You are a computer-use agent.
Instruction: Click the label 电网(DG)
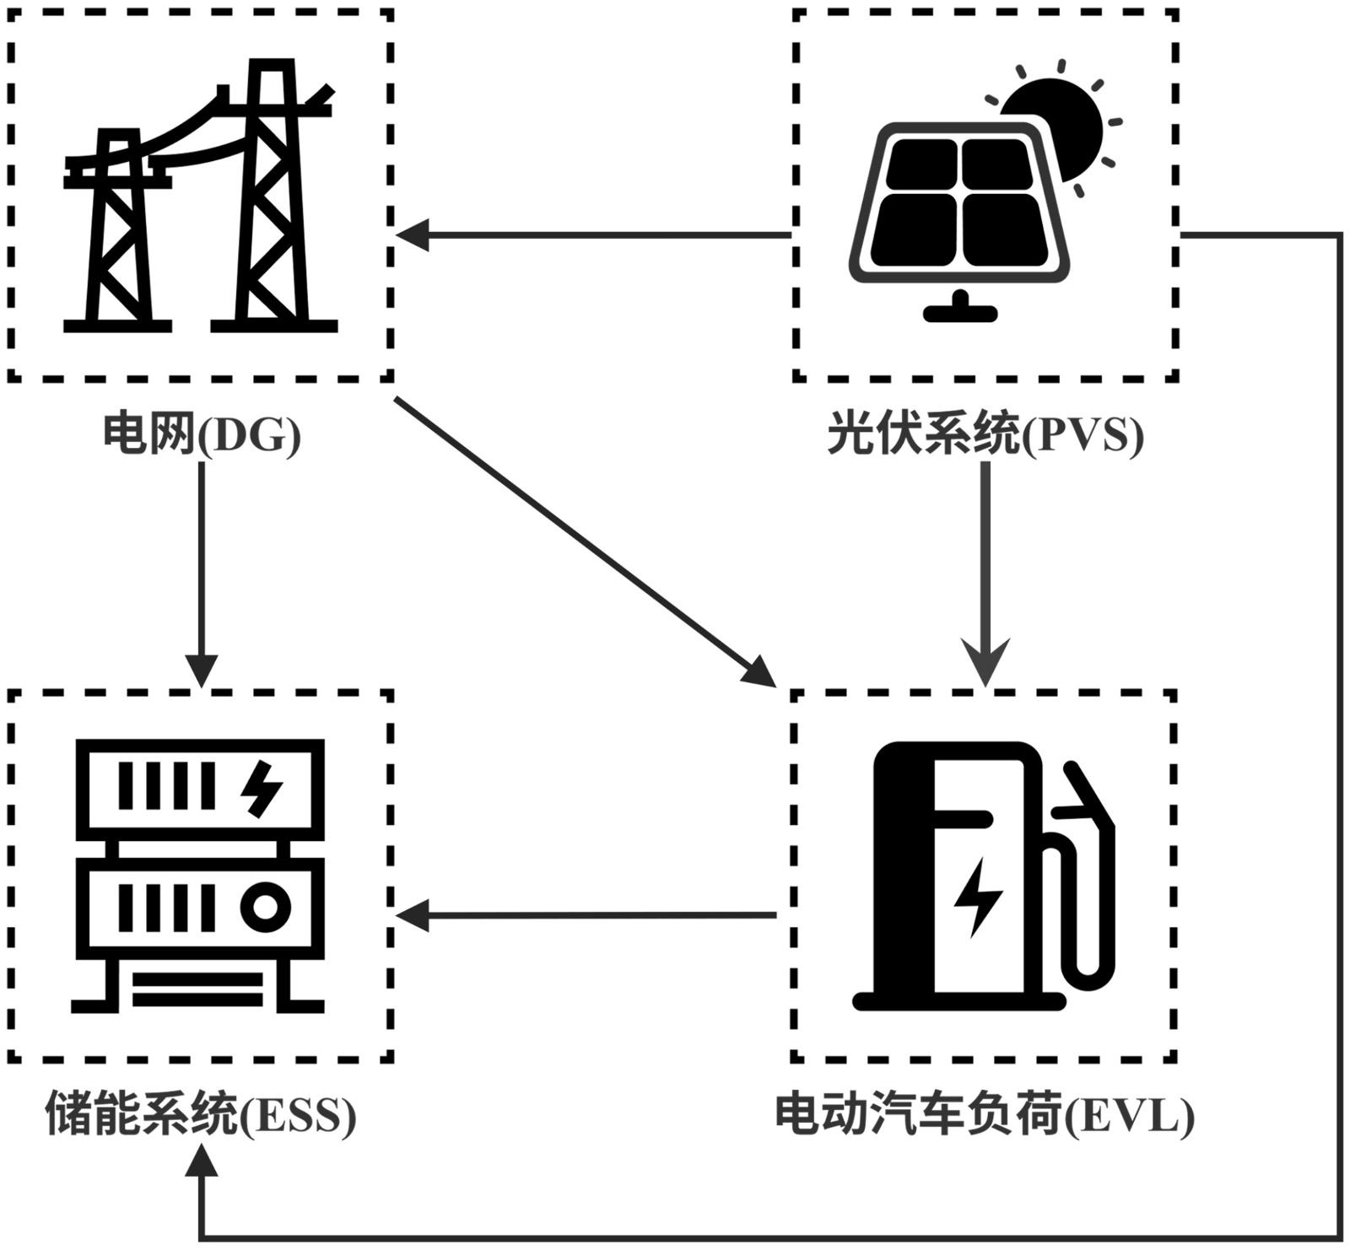(201, 435)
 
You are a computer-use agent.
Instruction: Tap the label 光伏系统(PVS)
(985, 435)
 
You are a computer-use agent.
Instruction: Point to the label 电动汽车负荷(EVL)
(985, 1115)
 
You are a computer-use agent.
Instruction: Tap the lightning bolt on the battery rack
(262, 789)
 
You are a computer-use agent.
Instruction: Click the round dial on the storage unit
(265, 908)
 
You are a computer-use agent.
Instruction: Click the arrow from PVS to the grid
(591, 235)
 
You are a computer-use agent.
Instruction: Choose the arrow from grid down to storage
(202, 574)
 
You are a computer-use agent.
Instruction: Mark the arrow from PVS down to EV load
(985, 574)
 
